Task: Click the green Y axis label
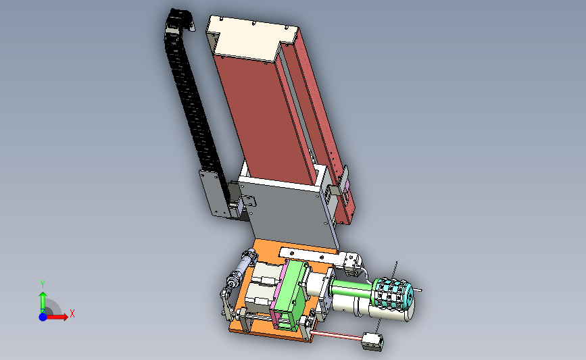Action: coord(42,285)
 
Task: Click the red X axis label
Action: coord(72,313)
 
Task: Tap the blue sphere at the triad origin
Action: coord(43,317)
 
